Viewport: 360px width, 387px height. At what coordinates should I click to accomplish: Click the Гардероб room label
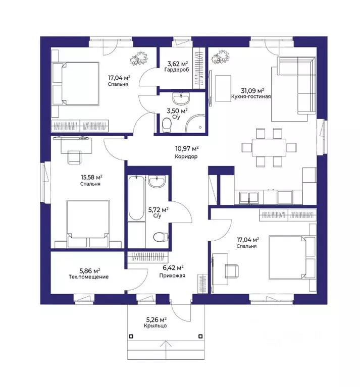coord(177,70)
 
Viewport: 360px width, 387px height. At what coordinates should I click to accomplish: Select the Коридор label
coord(186,156)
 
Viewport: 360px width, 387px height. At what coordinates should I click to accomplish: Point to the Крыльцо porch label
coord(156,326)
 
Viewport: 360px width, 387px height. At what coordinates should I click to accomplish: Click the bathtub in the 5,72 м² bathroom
coord(136,198)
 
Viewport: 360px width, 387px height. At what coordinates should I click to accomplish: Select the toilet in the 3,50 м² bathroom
coord(167,125)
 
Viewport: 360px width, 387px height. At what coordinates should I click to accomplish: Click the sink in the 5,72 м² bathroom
coord(157,182)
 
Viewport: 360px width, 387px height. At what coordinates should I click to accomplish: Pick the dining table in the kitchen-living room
coord(269,148)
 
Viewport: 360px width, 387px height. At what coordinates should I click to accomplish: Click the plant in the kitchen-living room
coord(220,58)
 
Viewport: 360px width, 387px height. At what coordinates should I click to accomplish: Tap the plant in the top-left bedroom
coord(139,59)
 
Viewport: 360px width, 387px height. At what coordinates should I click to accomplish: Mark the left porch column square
coord(131,337)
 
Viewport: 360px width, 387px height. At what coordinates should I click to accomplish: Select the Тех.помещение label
coord(89,277)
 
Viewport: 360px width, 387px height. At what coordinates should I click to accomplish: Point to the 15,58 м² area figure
coord(91,177)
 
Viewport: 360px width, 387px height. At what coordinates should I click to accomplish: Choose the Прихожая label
coord(172,275)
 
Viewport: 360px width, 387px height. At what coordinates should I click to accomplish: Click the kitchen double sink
coord(249,198)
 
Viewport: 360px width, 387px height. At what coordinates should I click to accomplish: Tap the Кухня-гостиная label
coord(251,96)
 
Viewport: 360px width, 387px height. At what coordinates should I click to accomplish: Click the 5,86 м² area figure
coord(89,271)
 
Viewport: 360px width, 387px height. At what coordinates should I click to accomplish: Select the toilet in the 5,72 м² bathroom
coord(160,237)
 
